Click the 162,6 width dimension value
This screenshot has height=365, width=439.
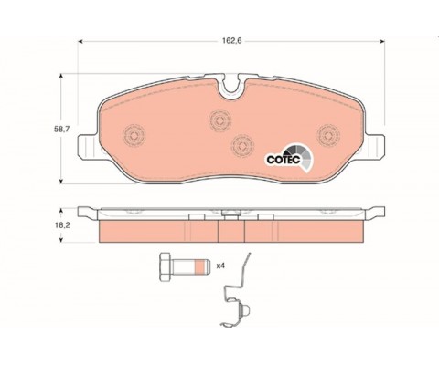click(x=231, y=41)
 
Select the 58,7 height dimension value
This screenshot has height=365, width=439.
click(x=62, y=129)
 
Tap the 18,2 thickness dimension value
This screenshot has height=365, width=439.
click(x=62, y=225)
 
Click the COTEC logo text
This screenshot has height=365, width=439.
click(x=284, y=160)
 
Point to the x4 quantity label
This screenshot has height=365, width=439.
click(x=220, y=266)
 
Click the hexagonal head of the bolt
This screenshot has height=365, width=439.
click(x=166, y=267)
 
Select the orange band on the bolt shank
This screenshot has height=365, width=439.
click(x=198, y=266)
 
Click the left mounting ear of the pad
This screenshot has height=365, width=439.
click(x=89, y=147)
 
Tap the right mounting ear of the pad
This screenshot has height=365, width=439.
click(x=374, y=147)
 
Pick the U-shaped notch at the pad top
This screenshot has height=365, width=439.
click(x=230, y=86)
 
